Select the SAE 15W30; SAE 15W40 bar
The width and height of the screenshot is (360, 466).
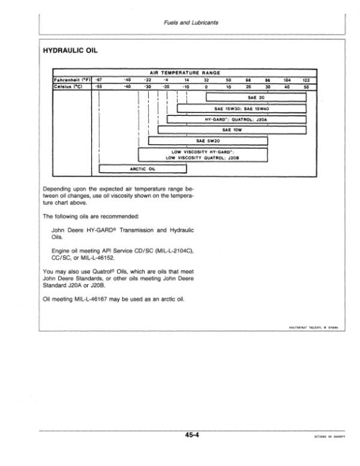pos(242,109)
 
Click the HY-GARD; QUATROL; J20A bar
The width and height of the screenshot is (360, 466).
pos(236,120)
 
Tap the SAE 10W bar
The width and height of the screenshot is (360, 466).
pos(232,130)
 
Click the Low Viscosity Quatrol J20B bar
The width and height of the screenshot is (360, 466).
pos(203,155)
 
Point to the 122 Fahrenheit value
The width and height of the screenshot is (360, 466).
pos(306,79)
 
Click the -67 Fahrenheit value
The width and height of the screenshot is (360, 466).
pos(100,79)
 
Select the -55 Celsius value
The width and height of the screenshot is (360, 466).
pos(100,86)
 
